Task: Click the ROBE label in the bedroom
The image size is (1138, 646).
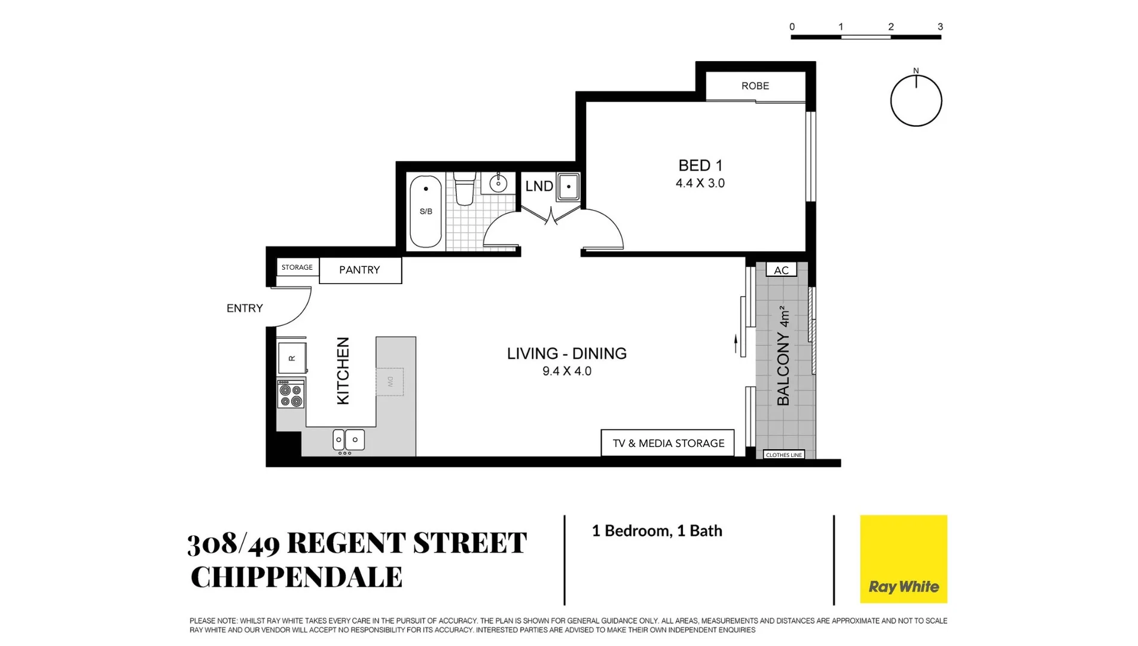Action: (755, 86)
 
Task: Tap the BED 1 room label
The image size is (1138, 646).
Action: (700, 166)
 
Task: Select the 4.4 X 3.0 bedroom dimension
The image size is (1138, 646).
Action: (700, 184)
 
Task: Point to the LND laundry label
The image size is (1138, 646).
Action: (539, 187)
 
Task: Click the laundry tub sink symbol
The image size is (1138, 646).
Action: (568, 187)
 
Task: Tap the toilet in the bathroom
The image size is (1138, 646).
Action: (464, 188)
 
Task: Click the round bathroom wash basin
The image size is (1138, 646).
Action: (498, 184)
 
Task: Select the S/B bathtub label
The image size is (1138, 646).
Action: (426, 211)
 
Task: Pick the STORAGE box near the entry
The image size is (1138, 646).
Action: (297, 267)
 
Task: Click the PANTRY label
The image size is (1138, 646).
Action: (359, 270)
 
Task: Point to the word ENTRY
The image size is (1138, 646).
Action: (245, 309)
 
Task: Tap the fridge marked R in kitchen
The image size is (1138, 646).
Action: (292, 358)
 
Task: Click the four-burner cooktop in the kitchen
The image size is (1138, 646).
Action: (291, 395)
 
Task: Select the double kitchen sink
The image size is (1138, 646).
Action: (347, 440)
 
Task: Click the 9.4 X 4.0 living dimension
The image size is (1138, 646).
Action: (566, 371)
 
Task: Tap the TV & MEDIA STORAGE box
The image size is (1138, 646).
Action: (668, 443)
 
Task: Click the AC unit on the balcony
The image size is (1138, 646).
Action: (781, 270)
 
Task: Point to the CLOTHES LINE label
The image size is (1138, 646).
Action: (783, 455)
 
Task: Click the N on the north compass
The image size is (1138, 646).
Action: (916, 71)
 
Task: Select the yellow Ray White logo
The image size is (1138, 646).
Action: (903, 559)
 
